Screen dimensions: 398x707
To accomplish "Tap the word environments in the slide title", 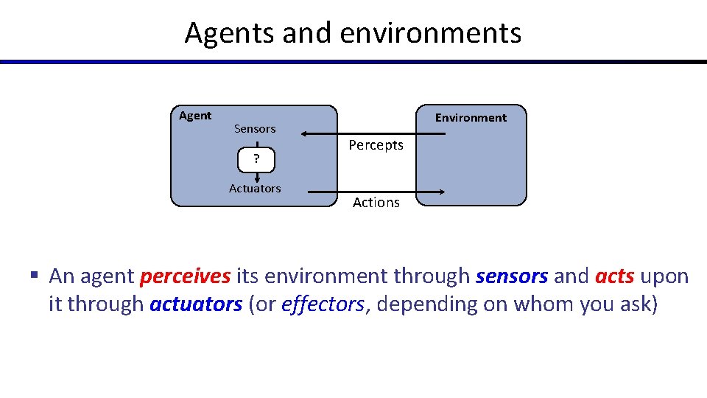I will [x=431, y=33].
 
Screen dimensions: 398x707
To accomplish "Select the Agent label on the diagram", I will [x=195, y=116].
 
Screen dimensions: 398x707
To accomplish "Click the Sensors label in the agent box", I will [x=255, y=129].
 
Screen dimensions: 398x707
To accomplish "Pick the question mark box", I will [x=256, y=158].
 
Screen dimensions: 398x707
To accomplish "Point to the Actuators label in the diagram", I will [x=255, y=189].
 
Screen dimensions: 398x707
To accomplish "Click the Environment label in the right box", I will [x=471, y=118].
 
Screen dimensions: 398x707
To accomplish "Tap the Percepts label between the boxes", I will [x=376, y=145].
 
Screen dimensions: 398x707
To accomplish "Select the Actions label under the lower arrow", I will [x=376, y=203].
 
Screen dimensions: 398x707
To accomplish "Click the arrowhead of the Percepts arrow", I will [x=304, y=133].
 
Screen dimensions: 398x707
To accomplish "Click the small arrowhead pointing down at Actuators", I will [x=257, y=178].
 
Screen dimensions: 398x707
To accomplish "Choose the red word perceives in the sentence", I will [x=186, y=276].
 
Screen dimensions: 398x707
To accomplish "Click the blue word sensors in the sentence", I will [x=512, y=276].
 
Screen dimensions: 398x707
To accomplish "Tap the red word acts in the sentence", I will [x=614, y=276].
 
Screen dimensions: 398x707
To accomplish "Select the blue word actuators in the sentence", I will [x=196, y=304].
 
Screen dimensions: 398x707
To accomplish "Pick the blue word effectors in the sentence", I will [x=323, y=304].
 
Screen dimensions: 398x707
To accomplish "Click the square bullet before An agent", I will [x=34, y=276].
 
